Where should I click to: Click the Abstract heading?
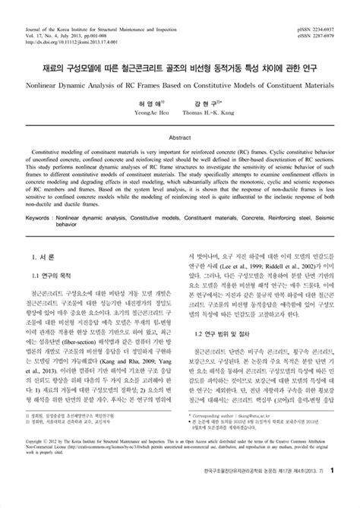pos(179,139)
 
